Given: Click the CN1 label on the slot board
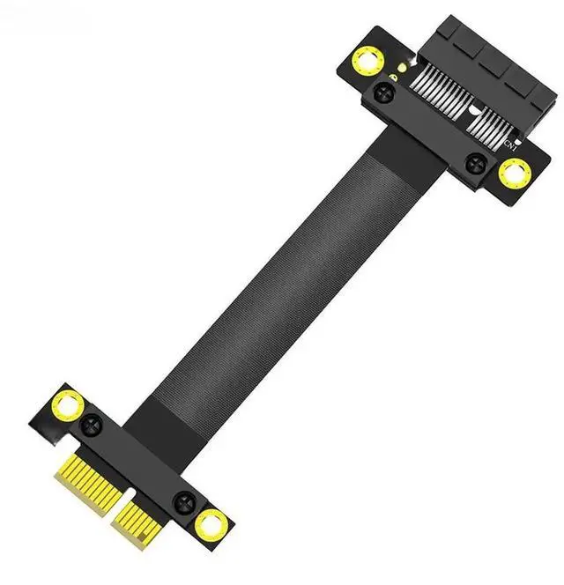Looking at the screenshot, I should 508,142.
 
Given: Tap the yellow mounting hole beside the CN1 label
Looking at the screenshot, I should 514,174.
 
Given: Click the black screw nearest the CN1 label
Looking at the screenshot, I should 475,161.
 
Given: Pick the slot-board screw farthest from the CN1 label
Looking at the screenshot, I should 385,93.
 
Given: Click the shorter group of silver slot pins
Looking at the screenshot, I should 489,126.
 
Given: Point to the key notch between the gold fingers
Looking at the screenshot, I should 115,502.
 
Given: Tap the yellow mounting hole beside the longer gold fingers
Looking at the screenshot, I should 70,406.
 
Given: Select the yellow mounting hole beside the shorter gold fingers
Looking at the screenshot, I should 211,526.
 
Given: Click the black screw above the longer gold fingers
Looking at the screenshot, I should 92,426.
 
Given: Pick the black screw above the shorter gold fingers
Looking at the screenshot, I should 184,503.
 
